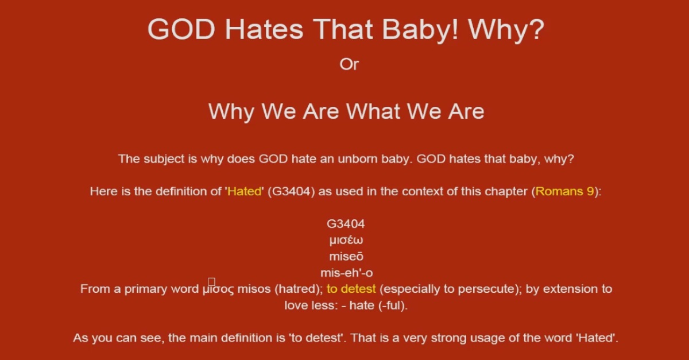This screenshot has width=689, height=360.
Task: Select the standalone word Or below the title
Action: point(349,64)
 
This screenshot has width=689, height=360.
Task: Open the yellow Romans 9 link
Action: point(564,191)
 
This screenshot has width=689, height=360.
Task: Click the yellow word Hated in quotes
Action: point(245,191)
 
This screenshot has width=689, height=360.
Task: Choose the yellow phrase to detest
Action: point(351,289)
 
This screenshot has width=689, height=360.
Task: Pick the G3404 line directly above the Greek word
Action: point(346,224)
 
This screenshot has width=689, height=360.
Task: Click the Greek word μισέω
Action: point(346,240)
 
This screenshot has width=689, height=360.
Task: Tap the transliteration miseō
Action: point(346,256)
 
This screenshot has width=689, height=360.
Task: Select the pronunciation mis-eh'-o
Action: point(346,273)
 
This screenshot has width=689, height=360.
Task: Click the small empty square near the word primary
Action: point(212,281)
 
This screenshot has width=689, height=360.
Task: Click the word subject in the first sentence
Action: point(162,158)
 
